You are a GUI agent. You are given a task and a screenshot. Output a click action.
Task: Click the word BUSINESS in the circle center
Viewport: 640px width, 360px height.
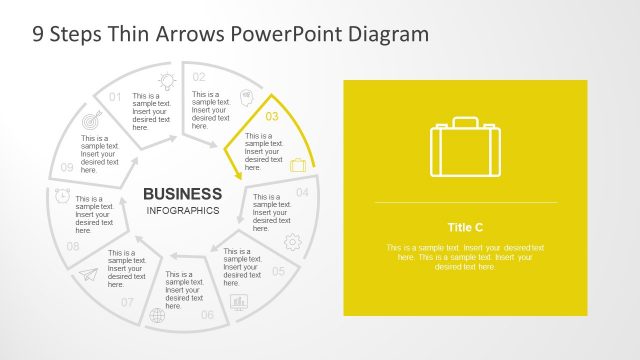pos(182,193)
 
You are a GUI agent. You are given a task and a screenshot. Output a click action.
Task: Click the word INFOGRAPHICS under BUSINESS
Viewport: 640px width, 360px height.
pos(182,211)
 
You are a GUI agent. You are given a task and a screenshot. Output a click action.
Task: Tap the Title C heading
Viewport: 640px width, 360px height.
pos(465,227)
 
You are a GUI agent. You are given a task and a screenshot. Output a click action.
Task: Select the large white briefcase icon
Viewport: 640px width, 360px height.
pos(465,148)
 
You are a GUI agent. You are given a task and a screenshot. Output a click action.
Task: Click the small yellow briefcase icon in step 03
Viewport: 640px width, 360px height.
pos(298,165)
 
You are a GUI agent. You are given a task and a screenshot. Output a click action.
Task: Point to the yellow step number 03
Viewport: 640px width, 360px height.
pos(272,116)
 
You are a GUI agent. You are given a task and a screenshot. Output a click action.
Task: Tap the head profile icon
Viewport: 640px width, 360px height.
pos(245,100)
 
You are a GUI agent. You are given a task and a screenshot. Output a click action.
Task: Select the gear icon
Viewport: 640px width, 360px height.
pos(292,241)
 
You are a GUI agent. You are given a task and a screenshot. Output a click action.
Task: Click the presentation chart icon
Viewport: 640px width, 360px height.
pos(239,301)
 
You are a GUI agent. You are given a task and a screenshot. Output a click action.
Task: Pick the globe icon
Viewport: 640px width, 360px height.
pos(157,316)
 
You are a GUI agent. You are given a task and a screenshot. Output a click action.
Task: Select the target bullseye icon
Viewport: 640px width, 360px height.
pos(93,119)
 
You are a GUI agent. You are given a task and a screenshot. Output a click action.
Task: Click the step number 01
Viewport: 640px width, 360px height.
pos(115,97)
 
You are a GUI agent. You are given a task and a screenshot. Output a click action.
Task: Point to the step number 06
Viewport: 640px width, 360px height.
pos(207,315)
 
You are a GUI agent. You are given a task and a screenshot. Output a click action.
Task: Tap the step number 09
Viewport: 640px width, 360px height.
pos(67,167)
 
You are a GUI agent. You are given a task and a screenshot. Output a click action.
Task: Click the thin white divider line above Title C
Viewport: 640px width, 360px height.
pos(465,202)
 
